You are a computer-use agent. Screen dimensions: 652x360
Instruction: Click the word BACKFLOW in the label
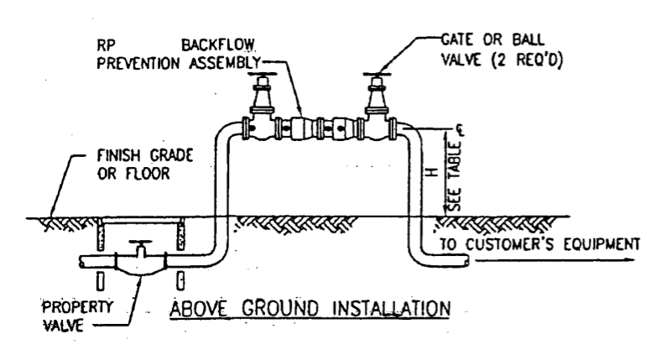coord(218,45)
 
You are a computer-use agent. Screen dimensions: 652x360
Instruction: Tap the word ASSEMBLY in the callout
coord(225,63)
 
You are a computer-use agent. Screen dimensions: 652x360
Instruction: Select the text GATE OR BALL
coord(493,40)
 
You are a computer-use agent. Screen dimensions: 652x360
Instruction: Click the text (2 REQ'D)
coord(527,60)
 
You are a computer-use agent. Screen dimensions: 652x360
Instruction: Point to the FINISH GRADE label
coord(145,156)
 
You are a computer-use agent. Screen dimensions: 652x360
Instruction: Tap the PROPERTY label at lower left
coord(77,307)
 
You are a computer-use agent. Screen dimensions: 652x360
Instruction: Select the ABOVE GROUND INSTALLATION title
coord(310,309)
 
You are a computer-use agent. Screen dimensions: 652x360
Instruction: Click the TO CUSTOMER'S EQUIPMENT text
coord(540,244)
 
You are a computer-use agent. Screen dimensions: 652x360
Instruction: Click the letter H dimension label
coord(433,172)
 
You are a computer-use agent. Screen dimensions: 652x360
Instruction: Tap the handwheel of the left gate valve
coord(262,75)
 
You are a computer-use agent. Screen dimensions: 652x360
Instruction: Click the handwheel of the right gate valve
coord(377,75)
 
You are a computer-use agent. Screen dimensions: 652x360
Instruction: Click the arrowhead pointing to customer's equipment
coord(629,260)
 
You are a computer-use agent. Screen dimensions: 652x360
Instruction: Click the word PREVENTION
coord(138,63)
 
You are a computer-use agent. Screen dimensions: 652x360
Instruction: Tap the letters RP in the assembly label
coord(106,45)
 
